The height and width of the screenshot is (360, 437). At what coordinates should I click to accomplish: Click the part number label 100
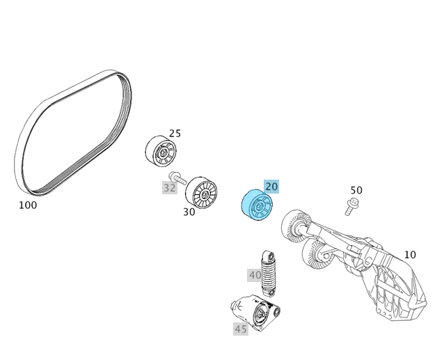pyautogui.click(x=28, y=205)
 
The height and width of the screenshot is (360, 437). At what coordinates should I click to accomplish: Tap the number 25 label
pyautogui.click(x=175, y=134)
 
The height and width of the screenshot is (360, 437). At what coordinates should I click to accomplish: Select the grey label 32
pyautogui.click(x=170, y=187)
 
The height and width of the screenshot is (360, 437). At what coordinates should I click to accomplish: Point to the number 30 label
pyautogui.click(x=189, y=212)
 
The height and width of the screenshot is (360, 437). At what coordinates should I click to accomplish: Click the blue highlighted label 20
pyautogui.click(x=271, y=186)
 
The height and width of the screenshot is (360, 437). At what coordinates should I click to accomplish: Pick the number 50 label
pyautogui.click(x=356, y=190)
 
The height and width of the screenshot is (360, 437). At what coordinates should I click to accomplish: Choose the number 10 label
pyautogui.click(x=410, y=255)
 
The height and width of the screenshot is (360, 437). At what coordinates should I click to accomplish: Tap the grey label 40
pyautogui.click(x=255, y=275)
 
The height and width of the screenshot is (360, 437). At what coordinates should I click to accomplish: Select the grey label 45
pyautogui.click(x=241, y=329)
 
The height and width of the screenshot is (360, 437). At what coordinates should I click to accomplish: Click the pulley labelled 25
pyautogui.click(x=161, y=151)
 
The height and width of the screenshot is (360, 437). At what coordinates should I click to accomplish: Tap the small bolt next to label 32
pyautogui.click(x=177, y=178)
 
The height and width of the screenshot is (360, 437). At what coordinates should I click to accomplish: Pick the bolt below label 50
pyautogui.click(x=351, y=205)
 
